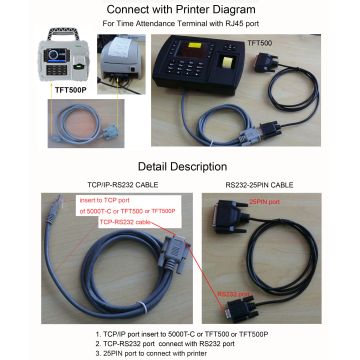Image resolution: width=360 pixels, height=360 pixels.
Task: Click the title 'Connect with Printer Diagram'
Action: pyautogui.click(x=179, y=10)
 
